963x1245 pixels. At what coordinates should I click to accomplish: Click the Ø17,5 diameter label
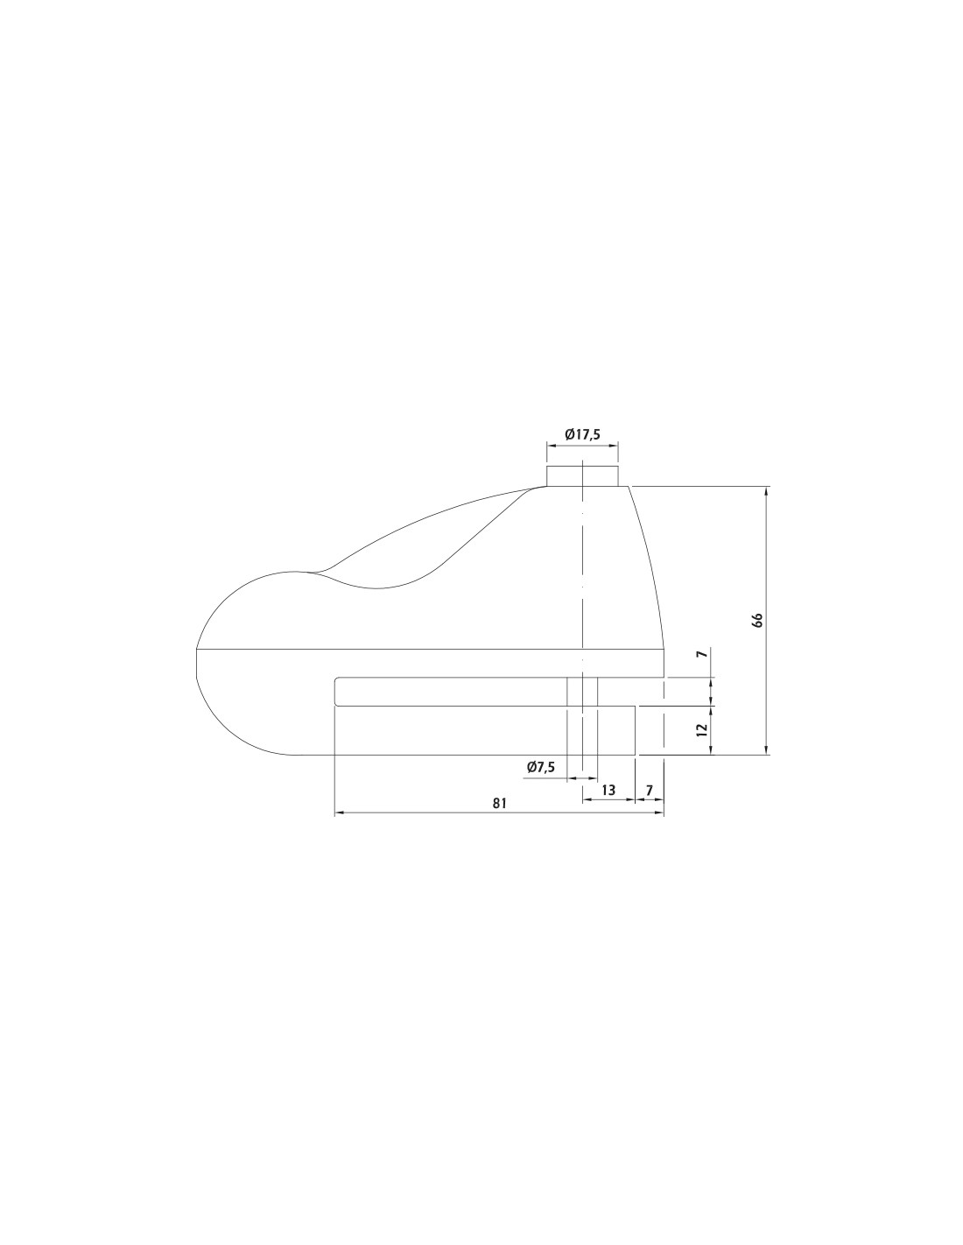(582, 434)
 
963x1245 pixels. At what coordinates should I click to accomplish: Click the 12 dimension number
(704, 729)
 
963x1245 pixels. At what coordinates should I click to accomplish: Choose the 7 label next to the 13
(649, 790)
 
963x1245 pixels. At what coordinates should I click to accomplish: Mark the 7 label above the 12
(704, 653)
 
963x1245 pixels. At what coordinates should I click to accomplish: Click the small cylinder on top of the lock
(582, 476)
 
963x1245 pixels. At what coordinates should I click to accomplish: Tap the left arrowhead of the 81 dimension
(339, 812)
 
